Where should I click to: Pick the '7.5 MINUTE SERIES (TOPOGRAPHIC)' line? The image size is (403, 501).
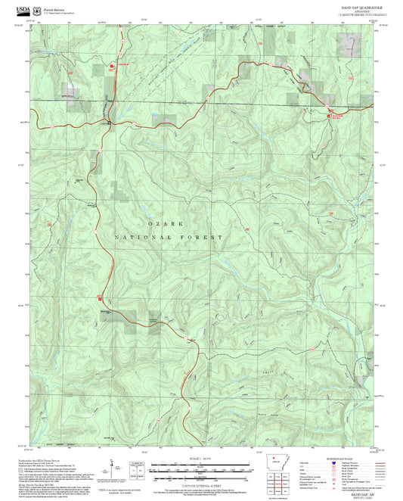(x=353, y=14)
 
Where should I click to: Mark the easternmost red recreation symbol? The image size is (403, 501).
(x=329, y=116)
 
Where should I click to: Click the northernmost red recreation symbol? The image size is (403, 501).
(x=113, y=66)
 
